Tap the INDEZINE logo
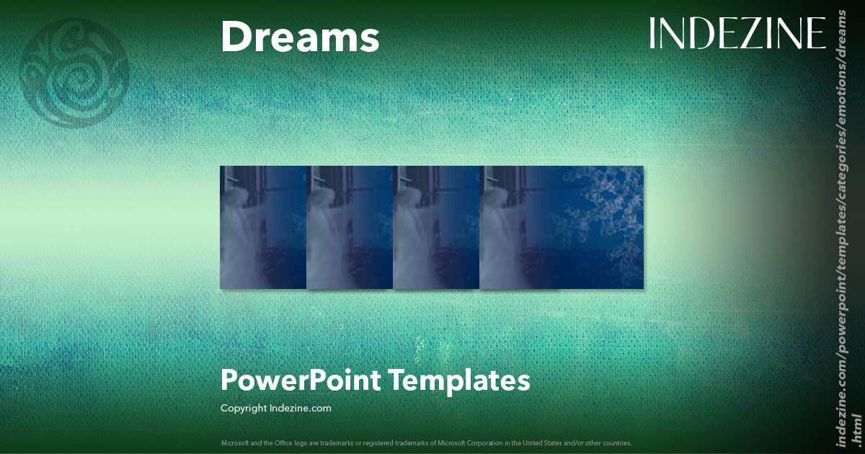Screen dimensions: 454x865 [737, 34]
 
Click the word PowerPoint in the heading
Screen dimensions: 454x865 [300, 380]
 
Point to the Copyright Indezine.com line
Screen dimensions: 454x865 [275, 408]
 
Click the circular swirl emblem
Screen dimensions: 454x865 [75, 73]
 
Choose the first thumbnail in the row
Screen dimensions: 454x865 [263, 227]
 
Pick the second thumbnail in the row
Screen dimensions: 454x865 [350, 227]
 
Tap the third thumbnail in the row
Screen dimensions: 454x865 [437, 227]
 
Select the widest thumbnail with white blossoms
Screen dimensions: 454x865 [562, 227]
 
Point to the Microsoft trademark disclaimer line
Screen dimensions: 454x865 [426, 442]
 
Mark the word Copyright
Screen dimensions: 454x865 [244, 408]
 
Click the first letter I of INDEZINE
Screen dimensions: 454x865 [653, 34]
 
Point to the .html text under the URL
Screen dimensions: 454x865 [856, 428]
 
